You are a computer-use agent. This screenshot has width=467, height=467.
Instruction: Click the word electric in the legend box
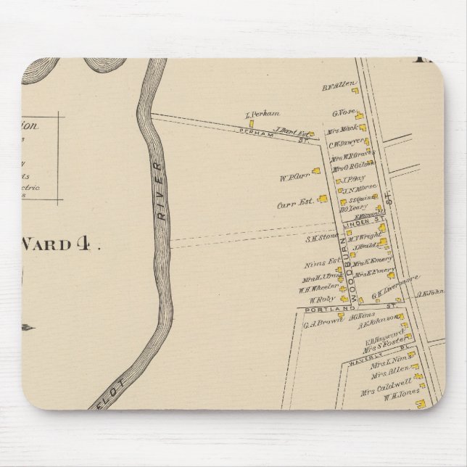(x=44, y=189)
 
